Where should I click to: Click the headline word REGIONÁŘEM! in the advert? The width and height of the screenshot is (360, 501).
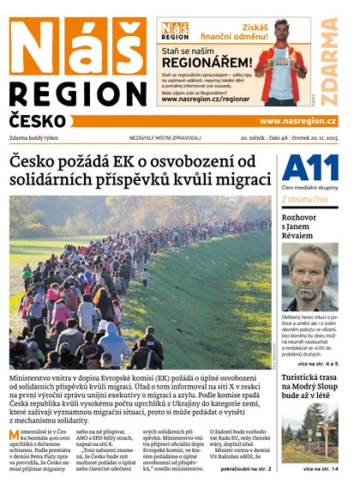(206, 63)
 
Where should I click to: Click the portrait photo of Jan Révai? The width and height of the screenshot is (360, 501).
(309, 277)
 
